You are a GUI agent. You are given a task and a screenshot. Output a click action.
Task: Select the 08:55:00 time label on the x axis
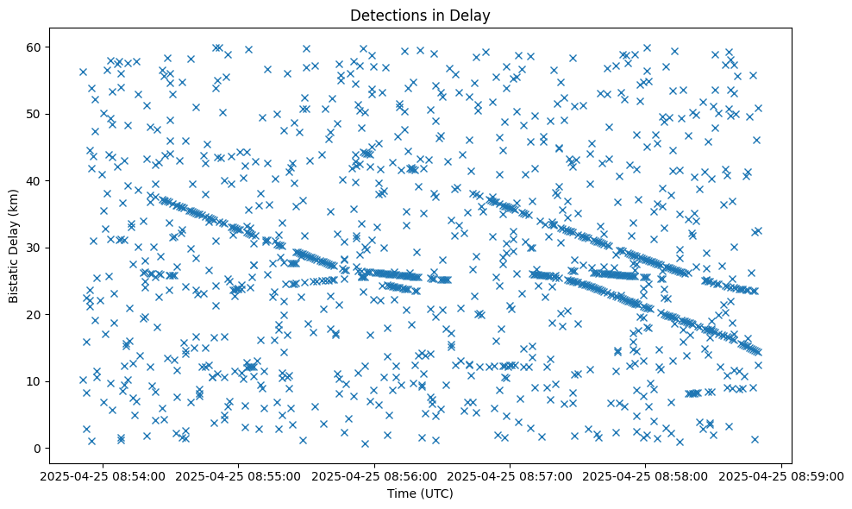(240, 475)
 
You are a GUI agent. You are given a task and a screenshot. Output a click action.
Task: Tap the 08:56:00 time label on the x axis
(375, 475)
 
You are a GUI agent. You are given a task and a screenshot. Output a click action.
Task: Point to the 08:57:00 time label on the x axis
(510, 475)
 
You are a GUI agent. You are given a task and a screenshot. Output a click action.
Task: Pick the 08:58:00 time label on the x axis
(645, 475)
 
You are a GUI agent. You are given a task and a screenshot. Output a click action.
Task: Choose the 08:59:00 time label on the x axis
(780, 475)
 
